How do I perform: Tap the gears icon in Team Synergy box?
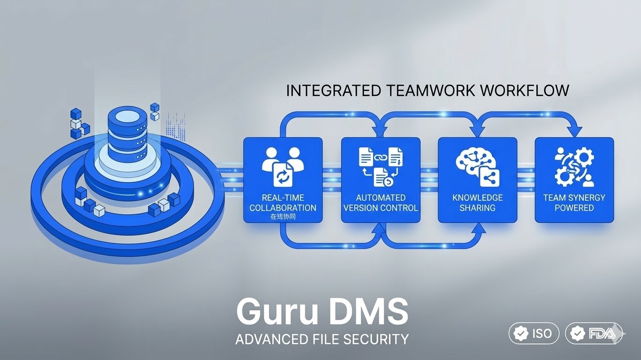pyautogui.click(x=574, y=166)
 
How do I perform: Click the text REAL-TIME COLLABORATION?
pyautogui.click(x=283, y=202)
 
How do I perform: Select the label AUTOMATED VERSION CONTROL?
pyautogui.click(x=380, y=202)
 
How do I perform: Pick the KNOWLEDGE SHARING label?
pyautogui.click(x=477, y=202)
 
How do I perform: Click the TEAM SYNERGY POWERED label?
pyautogui.click(x=574, y=202)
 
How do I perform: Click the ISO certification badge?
pyautogui.click(x=534, y=334)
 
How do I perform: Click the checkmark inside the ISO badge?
pyautogui.click(x=521, y=334)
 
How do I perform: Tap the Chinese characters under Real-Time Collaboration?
pyautogui.click(x=283, y=217)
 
